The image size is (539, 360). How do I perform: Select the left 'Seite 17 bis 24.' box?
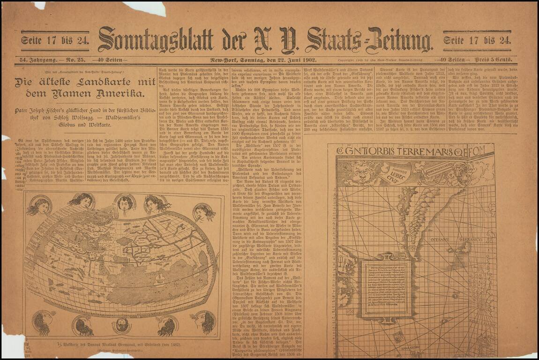[54, 40]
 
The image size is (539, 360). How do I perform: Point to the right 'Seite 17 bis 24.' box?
[477, 40]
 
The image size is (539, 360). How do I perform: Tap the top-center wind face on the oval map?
[124, 204]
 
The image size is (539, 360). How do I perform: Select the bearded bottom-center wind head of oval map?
[122, 324]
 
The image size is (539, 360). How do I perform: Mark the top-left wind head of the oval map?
[40, 206]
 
